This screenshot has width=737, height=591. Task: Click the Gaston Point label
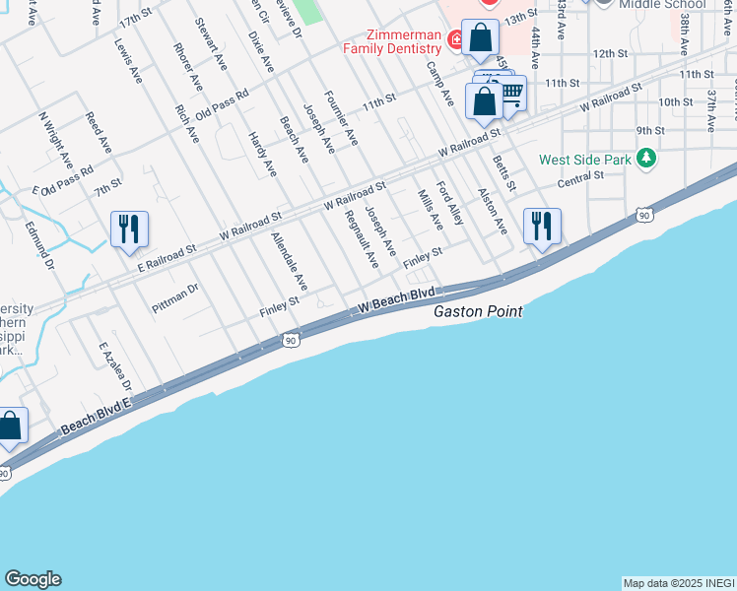[478, 311]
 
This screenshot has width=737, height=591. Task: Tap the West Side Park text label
[584, 160]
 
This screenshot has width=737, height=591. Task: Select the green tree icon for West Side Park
[645, 158]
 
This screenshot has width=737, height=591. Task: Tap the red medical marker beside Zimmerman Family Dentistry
[455, 40]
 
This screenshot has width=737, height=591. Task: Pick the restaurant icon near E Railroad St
[129, 230]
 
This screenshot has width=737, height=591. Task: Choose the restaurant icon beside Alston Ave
[542, 226]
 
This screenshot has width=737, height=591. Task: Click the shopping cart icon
[510, 94]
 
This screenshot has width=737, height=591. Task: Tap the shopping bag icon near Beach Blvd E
[11, 426]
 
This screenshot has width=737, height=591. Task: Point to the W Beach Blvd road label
[396, 300]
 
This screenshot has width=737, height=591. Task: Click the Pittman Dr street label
[175, 299]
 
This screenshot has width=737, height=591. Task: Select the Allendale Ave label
[291, 262]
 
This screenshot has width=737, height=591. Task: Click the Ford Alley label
[450, 202]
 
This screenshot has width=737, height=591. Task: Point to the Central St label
[579, 177]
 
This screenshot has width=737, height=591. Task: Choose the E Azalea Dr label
[115, 366]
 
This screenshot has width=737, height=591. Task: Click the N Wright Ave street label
[57, 140]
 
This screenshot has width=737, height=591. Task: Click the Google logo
[33, 579]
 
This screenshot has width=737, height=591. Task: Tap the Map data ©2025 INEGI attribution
[679, 583]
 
